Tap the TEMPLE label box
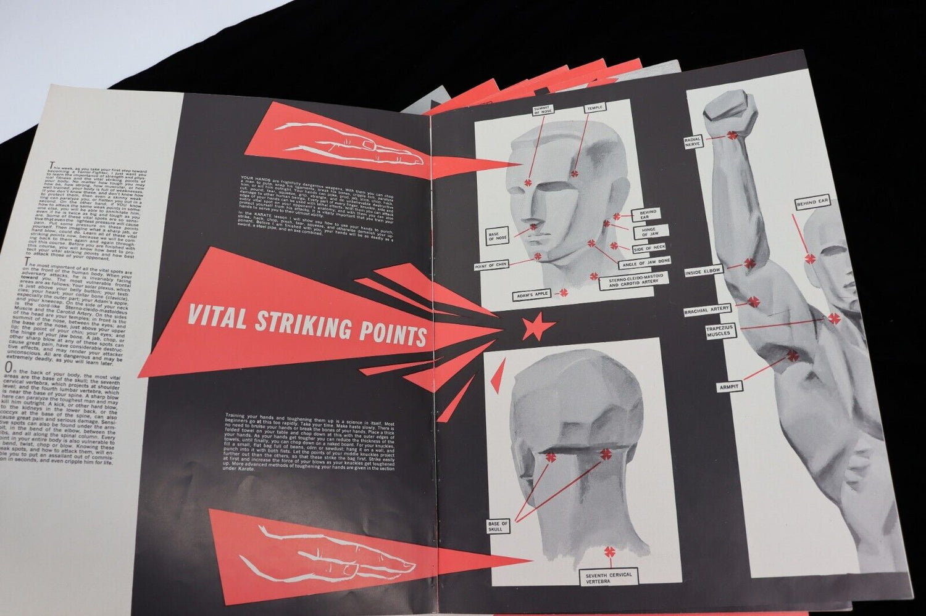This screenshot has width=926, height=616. tap(594, 108)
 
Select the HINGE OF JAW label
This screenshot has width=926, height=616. tap(645, 232)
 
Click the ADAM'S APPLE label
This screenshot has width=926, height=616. tap(532, 295)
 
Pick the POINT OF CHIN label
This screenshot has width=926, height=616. tap(491, 266)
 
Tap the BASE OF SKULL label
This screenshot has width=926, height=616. tap(498, 526)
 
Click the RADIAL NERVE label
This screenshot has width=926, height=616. tap(693, 142)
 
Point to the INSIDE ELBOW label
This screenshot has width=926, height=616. tap(703, 271)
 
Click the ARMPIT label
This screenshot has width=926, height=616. tap(729, 387)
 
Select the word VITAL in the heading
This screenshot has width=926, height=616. tap(219, 317)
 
